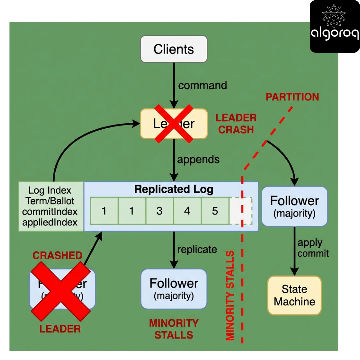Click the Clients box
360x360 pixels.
[174, 49]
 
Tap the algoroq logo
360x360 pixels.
[334, 26]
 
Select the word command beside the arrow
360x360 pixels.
[202, 85]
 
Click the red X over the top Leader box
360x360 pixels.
[174, 124]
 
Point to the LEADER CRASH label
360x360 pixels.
[236, 123]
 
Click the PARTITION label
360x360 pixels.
[292, 97]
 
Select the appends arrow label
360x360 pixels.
[198, 159]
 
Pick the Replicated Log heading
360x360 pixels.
[173, 190]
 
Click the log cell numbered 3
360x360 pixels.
[159, 211]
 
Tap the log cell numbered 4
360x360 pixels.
[187, 211]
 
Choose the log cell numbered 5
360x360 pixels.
[215, 211]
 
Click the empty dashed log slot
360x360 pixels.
[241, 211]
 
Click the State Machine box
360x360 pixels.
[294, 295]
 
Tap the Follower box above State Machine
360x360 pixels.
[294, 206]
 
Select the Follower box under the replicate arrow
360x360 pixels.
[174, 289]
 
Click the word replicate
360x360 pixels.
[197, 249]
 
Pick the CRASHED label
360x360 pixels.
[57, 256]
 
